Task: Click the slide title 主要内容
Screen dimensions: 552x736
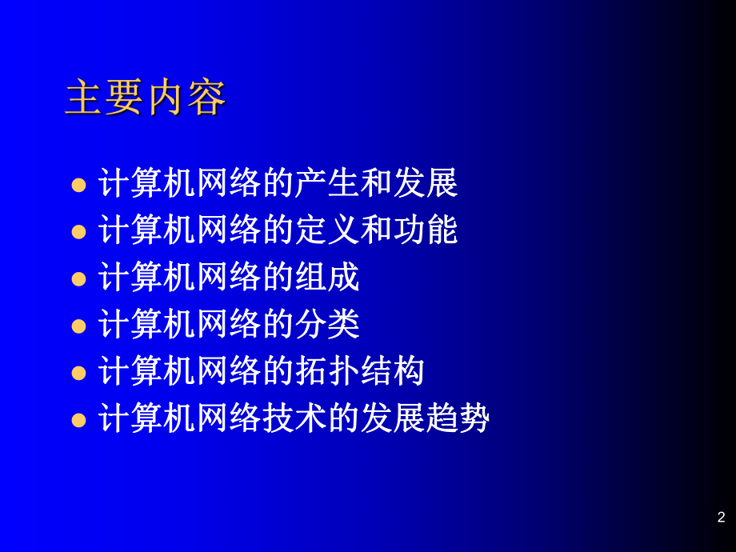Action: coord(146,98)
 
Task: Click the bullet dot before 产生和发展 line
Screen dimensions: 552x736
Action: coord(78,186)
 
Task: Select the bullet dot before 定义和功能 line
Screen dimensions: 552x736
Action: coord(78,232)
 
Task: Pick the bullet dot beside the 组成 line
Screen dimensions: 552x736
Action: coord(78,279)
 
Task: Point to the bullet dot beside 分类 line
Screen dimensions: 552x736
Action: coord(78,326)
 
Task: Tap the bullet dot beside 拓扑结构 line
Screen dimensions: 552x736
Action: coord(78,373)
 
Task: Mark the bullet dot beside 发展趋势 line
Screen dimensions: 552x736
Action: coord(78,419)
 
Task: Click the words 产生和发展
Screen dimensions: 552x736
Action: coord(376,184)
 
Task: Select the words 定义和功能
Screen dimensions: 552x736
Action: coord(376,230)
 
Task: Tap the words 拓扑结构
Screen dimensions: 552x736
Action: coord(359,371)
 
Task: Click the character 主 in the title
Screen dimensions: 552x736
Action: coord(84,98)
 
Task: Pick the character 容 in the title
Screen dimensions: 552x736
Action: coord(206,98)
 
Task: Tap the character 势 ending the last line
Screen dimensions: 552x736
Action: coord(473,418)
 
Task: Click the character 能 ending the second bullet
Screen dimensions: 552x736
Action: coord(442,230)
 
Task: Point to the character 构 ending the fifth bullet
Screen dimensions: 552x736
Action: coord(409,371)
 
